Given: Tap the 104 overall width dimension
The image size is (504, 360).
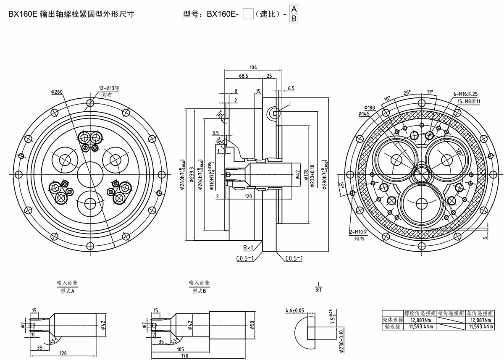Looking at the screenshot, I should click(x=253, y=68).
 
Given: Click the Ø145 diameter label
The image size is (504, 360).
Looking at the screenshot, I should click(x=364, y=114).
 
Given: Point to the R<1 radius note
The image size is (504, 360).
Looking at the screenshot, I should click(x=248, y=247).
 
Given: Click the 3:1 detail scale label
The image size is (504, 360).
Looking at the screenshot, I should click(x=319, y=289).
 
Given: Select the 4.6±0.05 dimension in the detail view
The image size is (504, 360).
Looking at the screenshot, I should click(x=294, y=311).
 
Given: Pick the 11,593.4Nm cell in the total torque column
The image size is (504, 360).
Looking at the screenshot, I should click(x=480, y=326).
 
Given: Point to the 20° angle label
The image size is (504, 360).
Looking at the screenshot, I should click(x=407, y=93).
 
